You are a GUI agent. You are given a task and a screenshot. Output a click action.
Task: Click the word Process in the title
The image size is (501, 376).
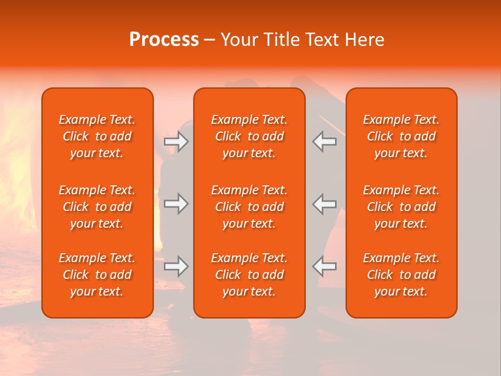point(164,40)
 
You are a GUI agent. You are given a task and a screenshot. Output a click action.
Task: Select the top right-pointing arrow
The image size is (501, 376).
point(176,141)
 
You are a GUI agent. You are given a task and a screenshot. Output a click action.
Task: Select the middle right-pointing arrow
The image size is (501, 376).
point(176,204)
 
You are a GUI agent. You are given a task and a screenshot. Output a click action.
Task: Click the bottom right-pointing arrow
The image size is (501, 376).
point(176,266)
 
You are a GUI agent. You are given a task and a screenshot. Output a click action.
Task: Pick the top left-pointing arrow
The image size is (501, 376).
point(325,141)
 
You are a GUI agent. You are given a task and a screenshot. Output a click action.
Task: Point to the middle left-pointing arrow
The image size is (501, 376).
point(325,204)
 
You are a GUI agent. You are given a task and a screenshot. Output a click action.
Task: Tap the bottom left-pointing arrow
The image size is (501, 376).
point(325,266)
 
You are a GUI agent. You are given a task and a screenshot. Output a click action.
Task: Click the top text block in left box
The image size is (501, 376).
point(97,136)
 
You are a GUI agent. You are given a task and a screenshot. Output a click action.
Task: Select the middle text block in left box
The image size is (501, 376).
point(97,207)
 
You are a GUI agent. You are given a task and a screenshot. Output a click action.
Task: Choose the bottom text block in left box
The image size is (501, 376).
point(97,275)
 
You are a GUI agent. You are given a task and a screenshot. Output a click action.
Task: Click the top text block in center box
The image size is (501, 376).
point(249,136)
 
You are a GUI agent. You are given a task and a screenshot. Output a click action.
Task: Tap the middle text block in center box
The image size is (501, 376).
point(249,207)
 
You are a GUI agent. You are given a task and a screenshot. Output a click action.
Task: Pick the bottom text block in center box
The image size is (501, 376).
point(249,275)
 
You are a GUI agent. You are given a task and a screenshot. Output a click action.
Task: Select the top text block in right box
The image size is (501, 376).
point(401,136)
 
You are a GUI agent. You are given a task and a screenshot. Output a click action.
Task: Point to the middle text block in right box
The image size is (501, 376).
point(401,207)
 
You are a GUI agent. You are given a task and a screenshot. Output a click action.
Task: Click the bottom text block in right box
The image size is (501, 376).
point(401,275)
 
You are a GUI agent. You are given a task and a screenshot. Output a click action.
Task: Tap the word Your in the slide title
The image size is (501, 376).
point(238,40)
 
